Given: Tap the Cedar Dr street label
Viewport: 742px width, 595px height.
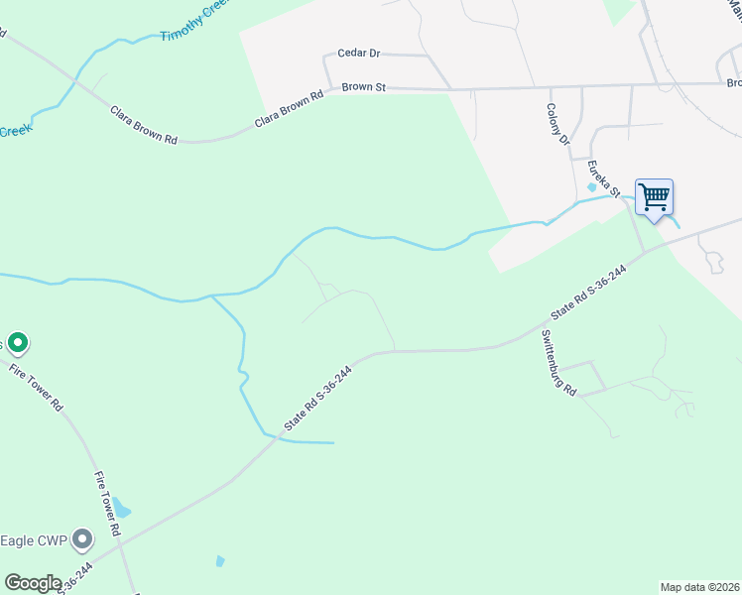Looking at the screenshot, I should [x=359, y=53].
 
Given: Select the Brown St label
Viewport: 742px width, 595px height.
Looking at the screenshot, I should [x=363, y=87].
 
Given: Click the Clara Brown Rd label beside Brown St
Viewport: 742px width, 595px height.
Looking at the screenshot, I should [x=290, y=109].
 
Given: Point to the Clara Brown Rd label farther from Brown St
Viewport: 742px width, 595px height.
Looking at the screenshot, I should [x=143, y=126].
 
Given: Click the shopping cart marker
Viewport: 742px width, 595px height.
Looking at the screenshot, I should [x=654, y=196].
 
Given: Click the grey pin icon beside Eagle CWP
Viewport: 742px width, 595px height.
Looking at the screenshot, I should [x=82, y=540].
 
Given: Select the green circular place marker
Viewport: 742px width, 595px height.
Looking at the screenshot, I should [x=18, y=344].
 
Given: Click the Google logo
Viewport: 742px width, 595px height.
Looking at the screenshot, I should [x=33, y=583].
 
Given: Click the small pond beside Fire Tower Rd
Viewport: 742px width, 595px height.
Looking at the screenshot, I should [x=121, y=510].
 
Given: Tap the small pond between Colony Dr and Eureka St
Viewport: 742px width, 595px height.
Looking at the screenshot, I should [x=593, y=185].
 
